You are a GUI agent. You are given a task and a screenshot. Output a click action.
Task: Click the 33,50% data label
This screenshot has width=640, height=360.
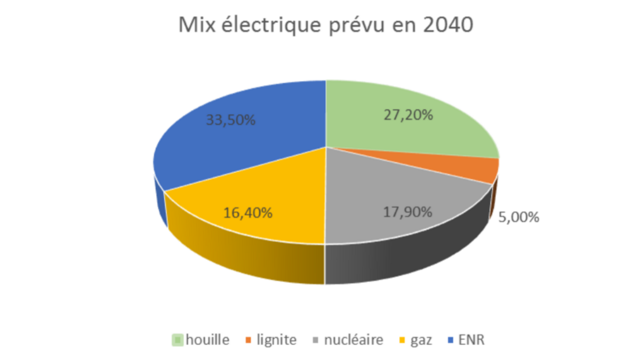pyautogui.click(x=230, y=120)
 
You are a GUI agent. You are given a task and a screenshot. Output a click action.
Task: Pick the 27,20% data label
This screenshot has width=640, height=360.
pyautogui.click(x=408, y=115)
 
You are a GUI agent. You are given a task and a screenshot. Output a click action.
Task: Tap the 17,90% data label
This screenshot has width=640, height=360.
pyautogui.click(x=407, y=212)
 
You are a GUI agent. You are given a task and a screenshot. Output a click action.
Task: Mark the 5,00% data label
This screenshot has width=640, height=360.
pyautogui.click(x=519, y=218)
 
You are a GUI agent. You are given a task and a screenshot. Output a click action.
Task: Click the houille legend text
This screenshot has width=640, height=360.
pyautogui.click(x=207, y=340)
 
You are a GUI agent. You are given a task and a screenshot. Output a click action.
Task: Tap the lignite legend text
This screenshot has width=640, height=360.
pyautogui.click(x=276, y=340)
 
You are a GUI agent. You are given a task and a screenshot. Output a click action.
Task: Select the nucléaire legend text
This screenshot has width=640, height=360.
pyautogui.click(x=354, y=340)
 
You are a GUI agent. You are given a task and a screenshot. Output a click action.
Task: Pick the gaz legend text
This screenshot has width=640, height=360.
pyautogui.click(x=421, y=340)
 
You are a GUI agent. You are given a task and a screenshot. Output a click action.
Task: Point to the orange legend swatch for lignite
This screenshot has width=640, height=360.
pyautogui.click(x=249, y=340)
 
